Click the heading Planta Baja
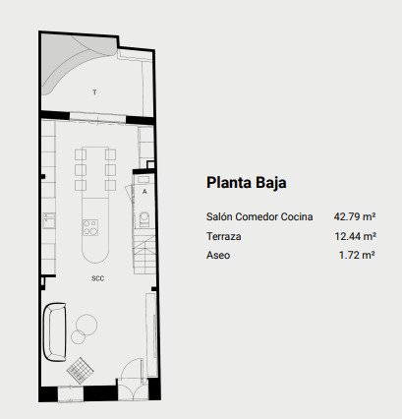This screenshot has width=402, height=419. tap(247, 183)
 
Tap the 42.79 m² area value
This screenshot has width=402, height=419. tap(355, 216)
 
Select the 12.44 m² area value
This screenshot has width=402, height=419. tap(355, 236)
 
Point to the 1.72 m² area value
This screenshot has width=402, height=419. tap(357, 255)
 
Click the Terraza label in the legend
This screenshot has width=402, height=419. tap(224, 236)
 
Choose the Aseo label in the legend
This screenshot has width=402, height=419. tap(218, 255)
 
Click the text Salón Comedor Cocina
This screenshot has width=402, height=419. tap(259, 216)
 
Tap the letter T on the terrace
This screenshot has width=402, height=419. tap(94, 92)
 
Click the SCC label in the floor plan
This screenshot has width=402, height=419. tap(98, 278)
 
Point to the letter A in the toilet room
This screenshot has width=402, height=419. tap(144, 192)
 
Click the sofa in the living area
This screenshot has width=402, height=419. tap(55, 331)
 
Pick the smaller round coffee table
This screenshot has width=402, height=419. tap(78, 337)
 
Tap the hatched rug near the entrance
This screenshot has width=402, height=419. tap(81, 370)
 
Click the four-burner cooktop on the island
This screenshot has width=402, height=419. tap(90, 227)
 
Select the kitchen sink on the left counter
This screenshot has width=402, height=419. tap(49, 220)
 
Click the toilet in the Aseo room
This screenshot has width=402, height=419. tap(144, 219)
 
